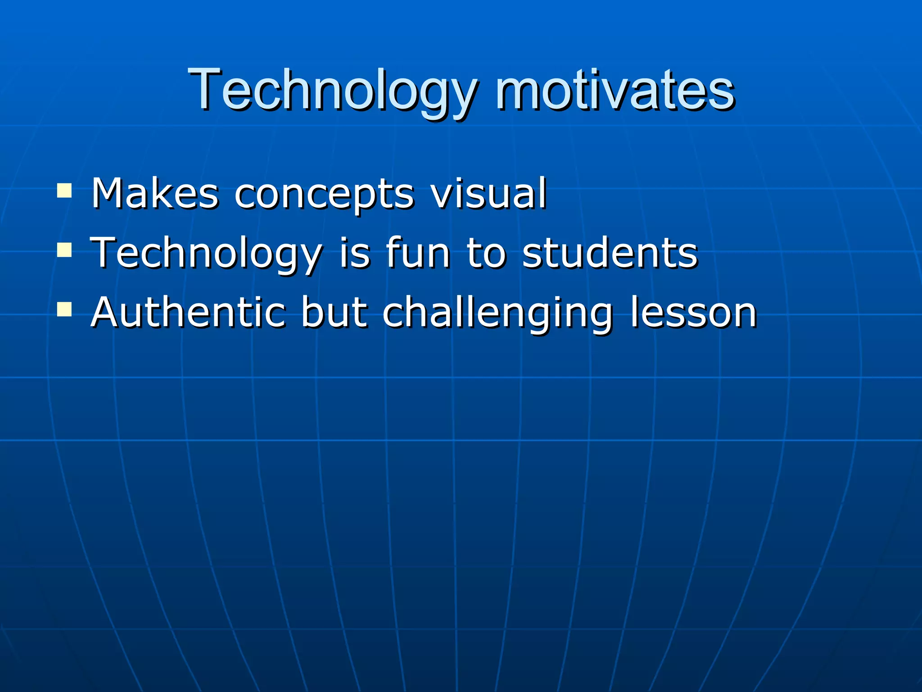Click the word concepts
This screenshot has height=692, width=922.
(324, 195)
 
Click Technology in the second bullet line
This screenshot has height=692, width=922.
(206, 253)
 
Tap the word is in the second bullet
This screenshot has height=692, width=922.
(355, 253)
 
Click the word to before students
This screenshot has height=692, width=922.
(486, 253)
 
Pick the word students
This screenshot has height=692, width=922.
(610, 253)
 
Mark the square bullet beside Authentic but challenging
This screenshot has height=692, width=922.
(64, 309)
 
